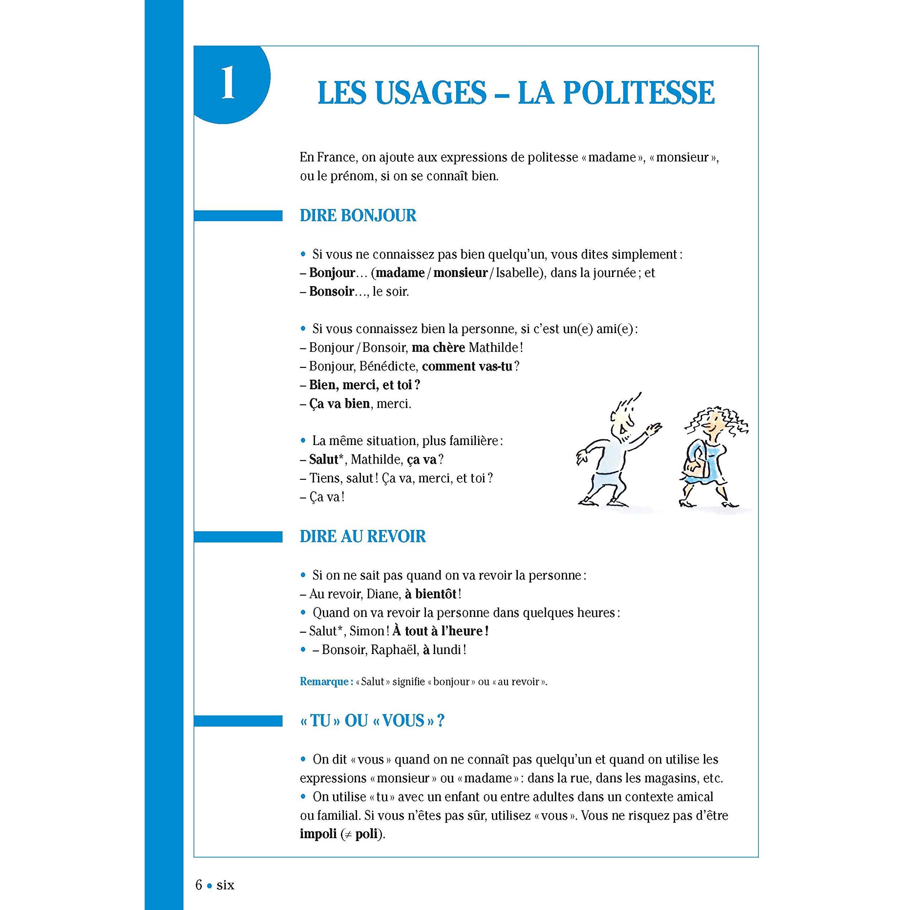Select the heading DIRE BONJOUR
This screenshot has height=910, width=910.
(x=358, y=216)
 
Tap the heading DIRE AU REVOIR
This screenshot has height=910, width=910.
(x=363, y=536)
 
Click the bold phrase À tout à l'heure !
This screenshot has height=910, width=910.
(x=440, y=632)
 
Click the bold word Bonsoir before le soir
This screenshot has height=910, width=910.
(x=331, y=292)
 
